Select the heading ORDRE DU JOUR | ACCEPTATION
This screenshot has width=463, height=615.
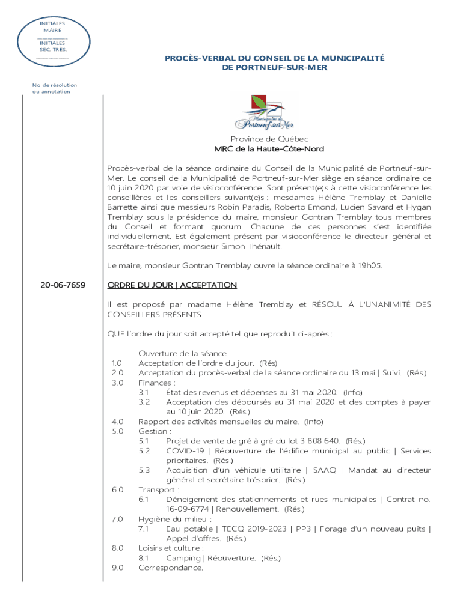click(x=171, y=285)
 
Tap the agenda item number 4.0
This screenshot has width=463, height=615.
click(x=117, y=422)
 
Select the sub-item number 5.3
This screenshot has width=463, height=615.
click(x=144, y=470)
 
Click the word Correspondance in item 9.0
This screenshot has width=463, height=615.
click(x=171, y=568)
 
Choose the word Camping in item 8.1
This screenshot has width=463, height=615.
click(x=183, y=558)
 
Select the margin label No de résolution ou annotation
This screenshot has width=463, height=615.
click(x=54, y=88)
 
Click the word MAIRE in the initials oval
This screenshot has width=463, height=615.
click(x=52, y=30)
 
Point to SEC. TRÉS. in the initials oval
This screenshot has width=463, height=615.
click(x=52, y=49)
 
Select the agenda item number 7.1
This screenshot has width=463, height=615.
click(x=144, y=529)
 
